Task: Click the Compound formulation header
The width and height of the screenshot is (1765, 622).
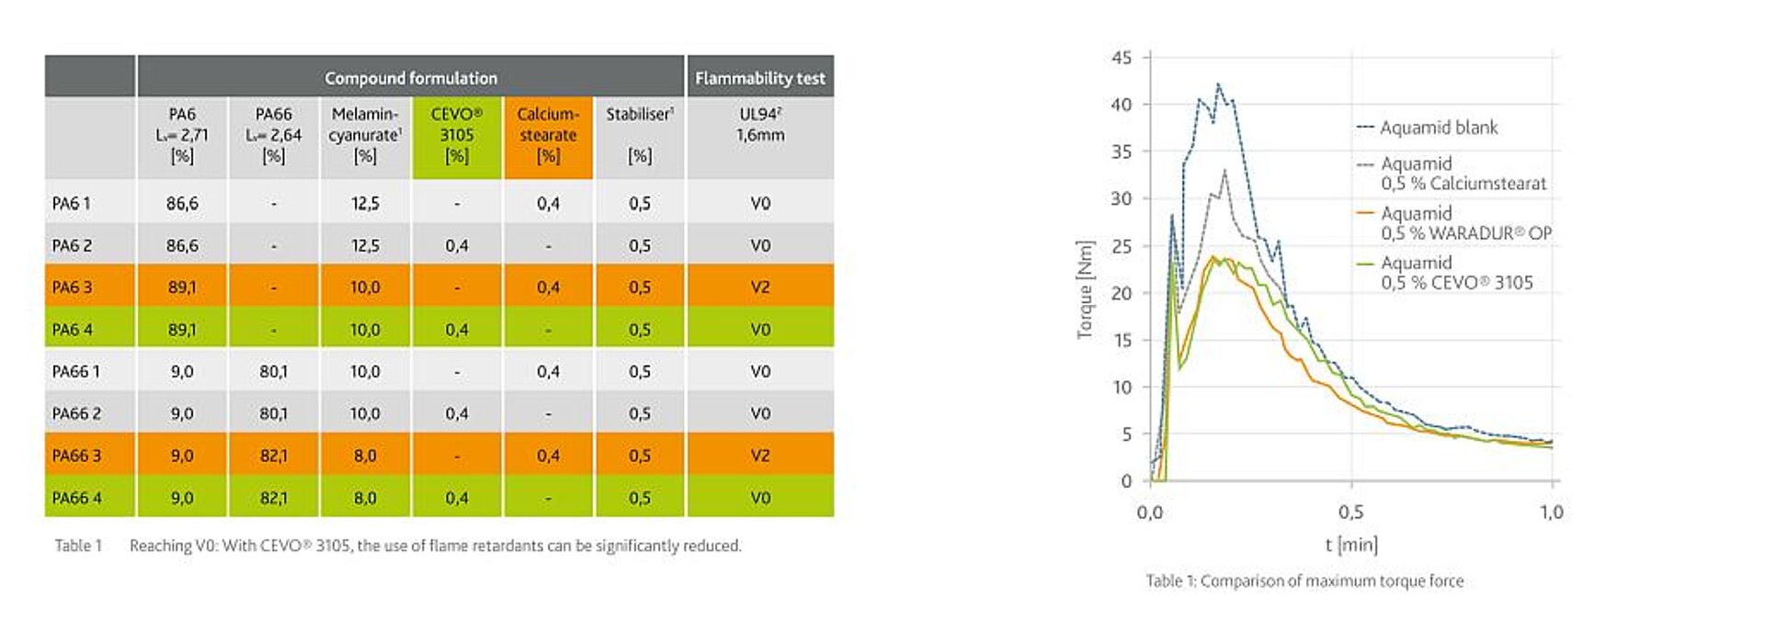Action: [x=411, y=78]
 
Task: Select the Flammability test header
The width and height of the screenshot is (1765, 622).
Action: [x=759, y=78]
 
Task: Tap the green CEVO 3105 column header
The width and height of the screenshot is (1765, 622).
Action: [x=457, y=135]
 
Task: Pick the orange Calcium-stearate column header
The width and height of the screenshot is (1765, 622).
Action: [x=548, y=135]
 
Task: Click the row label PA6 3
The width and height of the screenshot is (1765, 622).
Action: [x=73, y=287]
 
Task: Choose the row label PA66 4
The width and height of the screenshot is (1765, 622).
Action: [x=77, y=498]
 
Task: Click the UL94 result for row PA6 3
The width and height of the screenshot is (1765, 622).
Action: [x=760, y=287]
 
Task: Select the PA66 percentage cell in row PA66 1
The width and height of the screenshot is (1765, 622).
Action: [x=273, y=371]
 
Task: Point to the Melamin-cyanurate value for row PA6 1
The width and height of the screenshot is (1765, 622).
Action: [x=365, y=203]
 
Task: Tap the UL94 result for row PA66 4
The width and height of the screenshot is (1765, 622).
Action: [x=760, y=498]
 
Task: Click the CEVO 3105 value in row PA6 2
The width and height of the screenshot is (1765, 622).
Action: [x=457, y=245]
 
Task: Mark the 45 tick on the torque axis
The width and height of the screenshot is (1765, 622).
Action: [x=1122, y=58]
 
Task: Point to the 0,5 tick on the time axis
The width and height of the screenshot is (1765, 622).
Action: [x=1350, y=512]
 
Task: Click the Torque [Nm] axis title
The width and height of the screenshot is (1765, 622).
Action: [x=1086, y=289]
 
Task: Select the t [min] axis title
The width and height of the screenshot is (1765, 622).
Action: [x=1351, y=545]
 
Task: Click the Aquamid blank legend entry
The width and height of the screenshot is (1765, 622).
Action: [x=1438, y=128]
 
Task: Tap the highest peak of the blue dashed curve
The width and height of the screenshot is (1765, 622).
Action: [x=1218, y=85]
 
